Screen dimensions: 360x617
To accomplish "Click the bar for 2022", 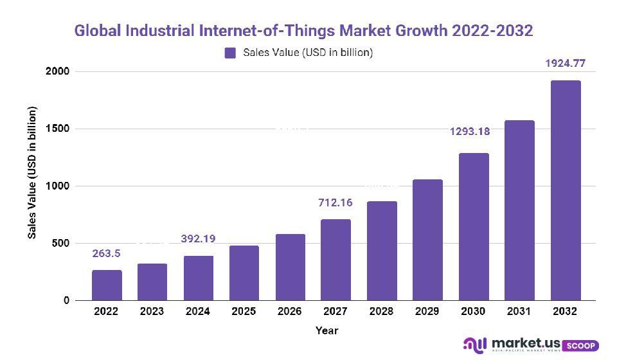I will [107, 285].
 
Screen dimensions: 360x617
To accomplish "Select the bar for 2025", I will [244, 273].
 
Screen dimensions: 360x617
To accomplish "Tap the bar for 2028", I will [382, 251].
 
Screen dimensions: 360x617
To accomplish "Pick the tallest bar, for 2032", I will [566, 190].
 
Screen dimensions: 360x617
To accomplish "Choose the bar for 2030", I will [474, 227].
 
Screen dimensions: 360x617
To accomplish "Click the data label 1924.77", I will [566, 64].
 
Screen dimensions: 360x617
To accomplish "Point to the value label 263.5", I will [106, 253].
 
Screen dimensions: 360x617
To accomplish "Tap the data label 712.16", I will [335, 203].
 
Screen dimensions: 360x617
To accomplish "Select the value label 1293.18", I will [469, 132].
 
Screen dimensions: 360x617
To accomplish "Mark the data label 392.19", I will [198, 239].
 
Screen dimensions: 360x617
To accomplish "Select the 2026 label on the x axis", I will [290, 312].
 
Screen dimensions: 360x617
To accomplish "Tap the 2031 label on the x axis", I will [519, 312].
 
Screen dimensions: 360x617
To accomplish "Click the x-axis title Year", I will [326, 330].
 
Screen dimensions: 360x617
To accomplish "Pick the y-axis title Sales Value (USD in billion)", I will [32, 172].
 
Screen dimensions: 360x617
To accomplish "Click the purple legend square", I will [230, 53].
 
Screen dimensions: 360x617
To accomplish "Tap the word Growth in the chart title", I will [415, 30].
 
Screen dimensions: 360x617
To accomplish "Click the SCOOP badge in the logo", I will [581, 345].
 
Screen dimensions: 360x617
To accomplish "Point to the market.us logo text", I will [526, 343].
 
